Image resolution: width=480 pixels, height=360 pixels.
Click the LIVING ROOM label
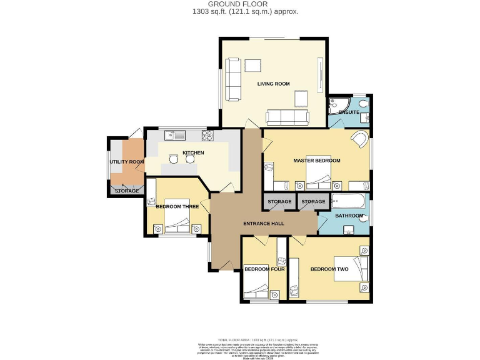(x=274, y=83)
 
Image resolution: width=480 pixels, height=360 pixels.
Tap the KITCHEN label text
(x=193, y=152)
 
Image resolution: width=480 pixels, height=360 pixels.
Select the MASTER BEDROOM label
(x=317, y=161)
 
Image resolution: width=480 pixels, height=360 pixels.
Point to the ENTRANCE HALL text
(x=263, y=223)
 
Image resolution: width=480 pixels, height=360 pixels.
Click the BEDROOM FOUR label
(x=264, y=269)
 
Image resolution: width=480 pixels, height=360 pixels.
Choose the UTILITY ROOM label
(x=127, y=162)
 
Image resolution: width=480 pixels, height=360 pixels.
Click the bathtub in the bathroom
(x=349, y=202)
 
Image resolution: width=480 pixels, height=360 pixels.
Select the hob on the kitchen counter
(x=207, y=134)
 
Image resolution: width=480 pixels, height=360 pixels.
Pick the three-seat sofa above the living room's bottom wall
(x=287, y=117)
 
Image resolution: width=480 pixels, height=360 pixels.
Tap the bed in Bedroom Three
(x=177, y=222)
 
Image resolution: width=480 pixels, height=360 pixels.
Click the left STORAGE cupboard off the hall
(x=279, y=202)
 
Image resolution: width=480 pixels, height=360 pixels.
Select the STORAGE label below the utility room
(x=127, y=190)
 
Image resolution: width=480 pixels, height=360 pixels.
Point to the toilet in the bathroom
(x=364, y=217)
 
